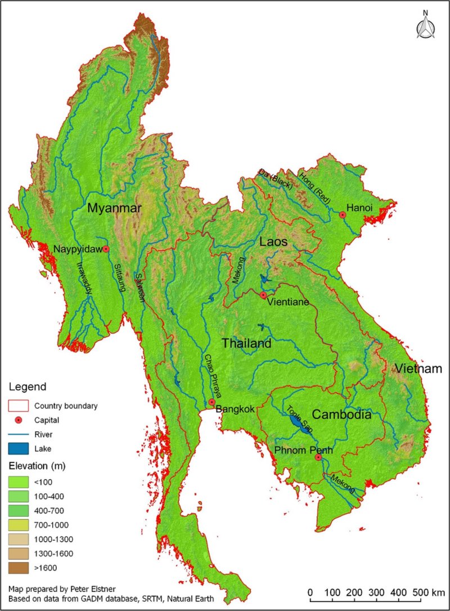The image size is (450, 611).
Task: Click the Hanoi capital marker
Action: (342, 215)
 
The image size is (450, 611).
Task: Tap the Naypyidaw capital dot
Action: (106, 249)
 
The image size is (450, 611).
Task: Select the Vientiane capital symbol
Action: (263, 295)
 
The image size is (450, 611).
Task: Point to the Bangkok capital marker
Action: (211, 402)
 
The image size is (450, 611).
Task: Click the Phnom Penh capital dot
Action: (318, 457)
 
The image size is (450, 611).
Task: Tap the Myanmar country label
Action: (114, 208)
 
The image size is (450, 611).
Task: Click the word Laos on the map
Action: (273, 242)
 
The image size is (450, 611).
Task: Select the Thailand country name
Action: (246, 344)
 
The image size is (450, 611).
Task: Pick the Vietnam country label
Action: (418, 369)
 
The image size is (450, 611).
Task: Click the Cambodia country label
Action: (341, 415)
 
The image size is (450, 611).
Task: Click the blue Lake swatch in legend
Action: (19, 449)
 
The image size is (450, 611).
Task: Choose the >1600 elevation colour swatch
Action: (19, 567)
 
